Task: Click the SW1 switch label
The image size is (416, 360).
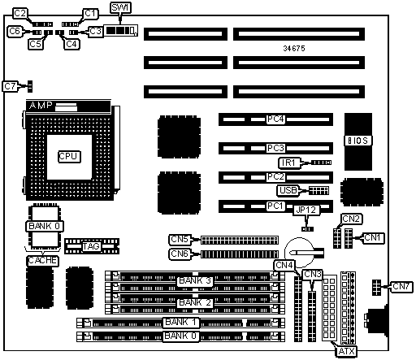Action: click(121, 7)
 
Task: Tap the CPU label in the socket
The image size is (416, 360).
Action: click(69, 156)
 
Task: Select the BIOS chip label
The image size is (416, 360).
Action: click(358, 141)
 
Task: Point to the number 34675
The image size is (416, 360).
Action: click(294, 48)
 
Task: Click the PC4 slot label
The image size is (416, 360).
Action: click(275, 119)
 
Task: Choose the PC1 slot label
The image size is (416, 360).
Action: click(275, 206)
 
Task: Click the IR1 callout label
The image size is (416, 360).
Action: click(289, 163)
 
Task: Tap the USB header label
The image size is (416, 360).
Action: click(288, 190)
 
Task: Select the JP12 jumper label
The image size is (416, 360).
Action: click(306, 210)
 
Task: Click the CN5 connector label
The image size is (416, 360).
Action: click(180, 240)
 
